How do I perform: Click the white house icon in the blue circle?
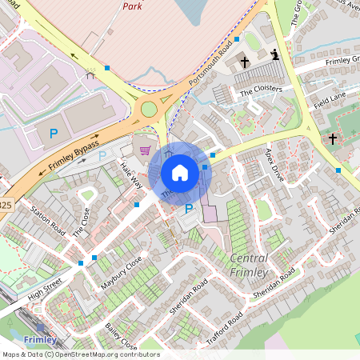[180, 172]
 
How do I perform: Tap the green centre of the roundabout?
[149, 109]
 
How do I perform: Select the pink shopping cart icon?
[145, 150]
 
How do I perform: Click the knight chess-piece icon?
[275, 55]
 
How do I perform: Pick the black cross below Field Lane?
[333, 138]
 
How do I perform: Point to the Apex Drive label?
[274, 164]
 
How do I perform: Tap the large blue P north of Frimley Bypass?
[54, 134]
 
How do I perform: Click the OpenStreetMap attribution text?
[80, 354]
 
